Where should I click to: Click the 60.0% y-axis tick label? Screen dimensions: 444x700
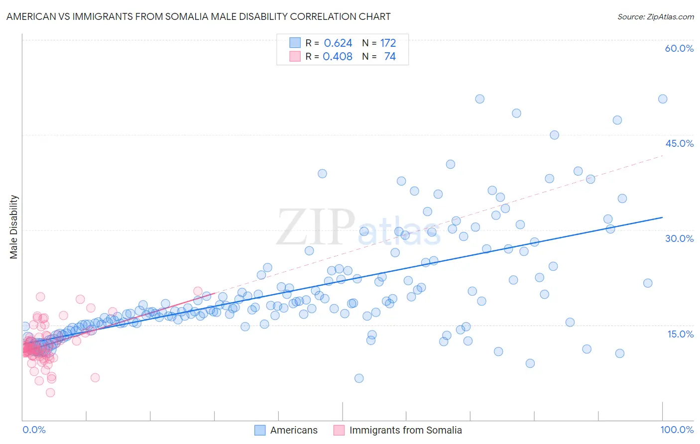click(679, 48)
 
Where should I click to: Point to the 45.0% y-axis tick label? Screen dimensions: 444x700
click(679, 143)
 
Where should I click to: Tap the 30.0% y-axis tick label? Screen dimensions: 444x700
click(679, 238)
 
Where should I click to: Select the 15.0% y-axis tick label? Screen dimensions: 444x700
click(680, 334)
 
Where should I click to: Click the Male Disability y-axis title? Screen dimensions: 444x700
click(14, 226)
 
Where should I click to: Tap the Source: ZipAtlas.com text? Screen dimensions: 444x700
click(655, 16)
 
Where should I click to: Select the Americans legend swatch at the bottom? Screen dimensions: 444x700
click(260, 430)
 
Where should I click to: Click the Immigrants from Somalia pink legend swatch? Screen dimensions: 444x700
click(339, 430)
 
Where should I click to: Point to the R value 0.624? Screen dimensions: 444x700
click(338, 43)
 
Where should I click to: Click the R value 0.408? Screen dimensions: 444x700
click(338, 57)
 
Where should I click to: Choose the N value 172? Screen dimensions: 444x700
click(388, 43)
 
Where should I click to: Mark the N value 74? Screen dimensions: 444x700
click(390, 57)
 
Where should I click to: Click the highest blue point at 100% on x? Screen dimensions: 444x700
click(662, 99)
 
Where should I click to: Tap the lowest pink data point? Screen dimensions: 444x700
click(50, 393)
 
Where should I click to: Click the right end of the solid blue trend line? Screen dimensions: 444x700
click(662, 218)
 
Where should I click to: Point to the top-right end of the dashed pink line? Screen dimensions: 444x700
click(662, 156)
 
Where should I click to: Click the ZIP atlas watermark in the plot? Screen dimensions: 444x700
click(358, 228)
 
